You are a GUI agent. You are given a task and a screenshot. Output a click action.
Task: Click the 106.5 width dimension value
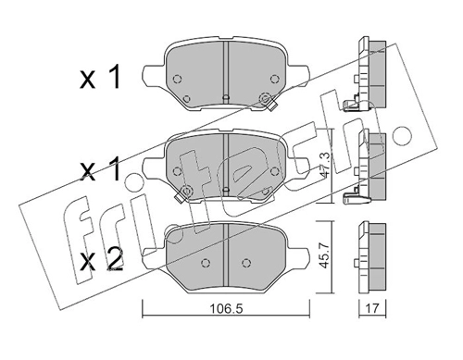tap(226, 308)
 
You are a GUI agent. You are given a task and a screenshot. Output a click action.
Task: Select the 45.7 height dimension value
tap(325, 256)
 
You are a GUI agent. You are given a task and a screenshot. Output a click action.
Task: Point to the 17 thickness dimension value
tap(372, 308)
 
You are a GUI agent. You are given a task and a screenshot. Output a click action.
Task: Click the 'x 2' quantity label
tap(102, 261)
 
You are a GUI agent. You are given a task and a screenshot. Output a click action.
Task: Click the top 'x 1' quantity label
tap(100, 79)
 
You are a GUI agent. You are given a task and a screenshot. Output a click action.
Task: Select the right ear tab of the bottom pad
tap(298, 257)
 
